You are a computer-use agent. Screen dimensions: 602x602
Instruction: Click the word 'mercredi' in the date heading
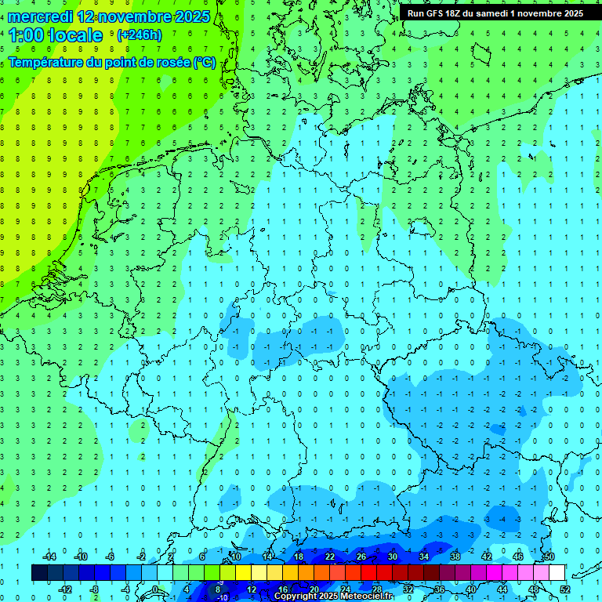click(x=40, y=16)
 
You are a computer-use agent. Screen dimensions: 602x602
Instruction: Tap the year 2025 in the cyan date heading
click(x=188, y=16)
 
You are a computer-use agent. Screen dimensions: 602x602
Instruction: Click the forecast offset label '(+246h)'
click(x=139, y=35)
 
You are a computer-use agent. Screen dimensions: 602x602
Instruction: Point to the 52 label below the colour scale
click(x=565, y=589)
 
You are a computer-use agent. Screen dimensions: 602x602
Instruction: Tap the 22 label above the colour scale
click(x=330, y=557)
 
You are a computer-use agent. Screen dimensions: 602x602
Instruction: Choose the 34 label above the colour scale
click(x=424, y=557)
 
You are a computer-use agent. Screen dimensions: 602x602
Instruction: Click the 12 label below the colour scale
click(x=252, y=589)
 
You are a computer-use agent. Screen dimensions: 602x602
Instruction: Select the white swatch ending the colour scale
click(x=557, y=573)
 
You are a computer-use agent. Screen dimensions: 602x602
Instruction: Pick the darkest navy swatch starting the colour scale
click(x=39, y=573)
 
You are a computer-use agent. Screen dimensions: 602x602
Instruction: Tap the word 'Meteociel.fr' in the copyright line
click(x=368, y=597)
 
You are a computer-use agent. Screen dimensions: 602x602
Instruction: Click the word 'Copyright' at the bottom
click(x=296, y=597)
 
